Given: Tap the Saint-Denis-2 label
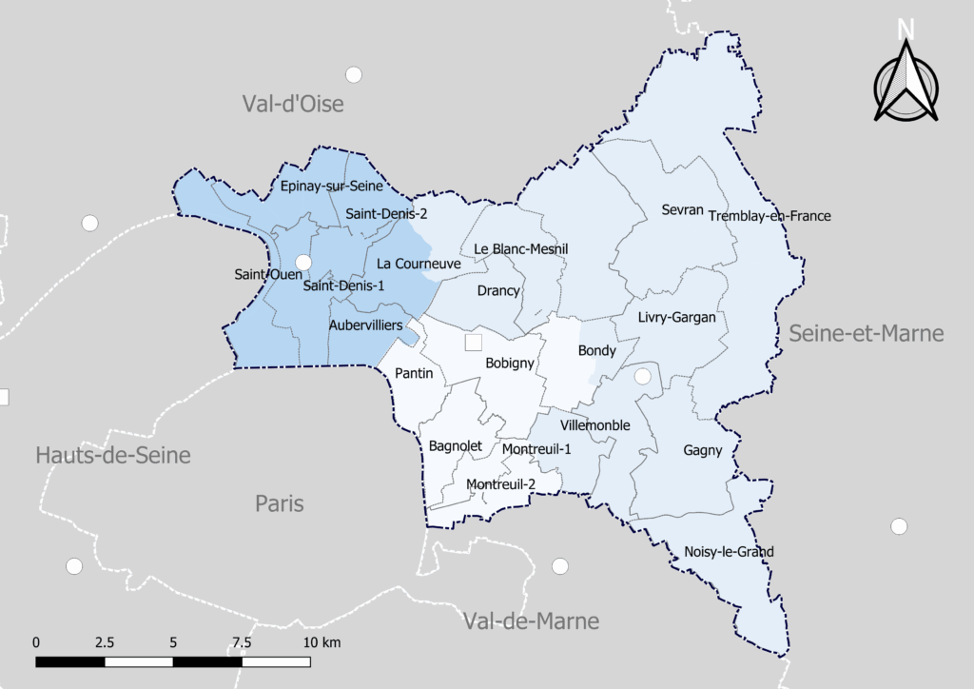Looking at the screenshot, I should [x=386, y=213].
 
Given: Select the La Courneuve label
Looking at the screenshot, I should [x=419, y=263].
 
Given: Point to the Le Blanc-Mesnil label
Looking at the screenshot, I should [x=521, y=248].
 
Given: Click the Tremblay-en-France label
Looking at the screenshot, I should [x=769, y=216].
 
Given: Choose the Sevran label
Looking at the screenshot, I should [x=682, y=209].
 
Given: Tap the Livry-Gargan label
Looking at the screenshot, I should [x=677, y=317].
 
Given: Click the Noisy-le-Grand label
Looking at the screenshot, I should [x=729, y=551].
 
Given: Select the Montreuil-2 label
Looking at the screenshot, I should [x=500, y=484].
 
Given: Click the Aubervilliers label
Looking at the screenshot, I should [x=372, y=325].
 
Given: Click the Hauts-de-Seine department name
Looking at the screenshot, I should [x=113, y=455].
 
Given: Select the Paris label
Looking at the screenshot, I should [x=280, y=502].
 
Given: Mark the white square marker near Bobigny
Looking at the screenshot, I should [x=474, y=342].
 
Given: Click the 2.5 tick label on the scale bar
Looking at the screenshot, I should [x=104, y=641].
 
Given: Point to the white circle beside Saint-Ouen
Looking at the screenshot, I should [x=303, y=262].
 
